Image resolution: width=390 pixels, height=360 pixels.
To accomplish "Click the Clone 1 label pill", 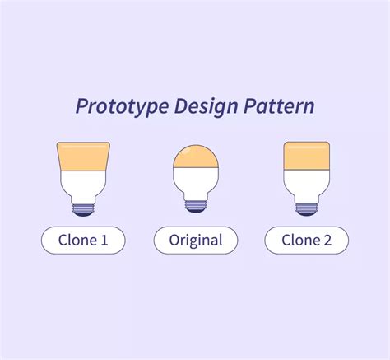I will pyautogui.click(x=83, y=241).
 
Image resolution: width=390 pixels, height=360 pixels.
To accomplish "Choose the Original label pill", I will pyautogui.click(x=196, y=241).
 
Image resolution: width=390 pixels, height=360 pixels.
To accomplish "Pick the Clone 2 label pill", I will pyautogui.click(x=306, y=241).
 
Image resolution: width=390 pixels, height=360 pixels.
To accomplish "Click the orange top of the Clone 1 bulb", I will pyautogui.click(x=83, y=157).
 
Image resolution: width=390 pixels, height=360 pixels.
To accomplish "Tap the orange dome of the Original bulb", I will pyautogui.click(x=196, y=158).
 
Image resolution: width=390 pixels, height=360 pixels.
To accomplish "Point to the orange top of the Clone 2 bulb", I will pyautogui.click(x=306, y=156).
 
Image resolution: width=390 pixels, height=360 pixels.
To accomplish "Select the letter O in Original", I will pyautogui.click(x=174, y=241).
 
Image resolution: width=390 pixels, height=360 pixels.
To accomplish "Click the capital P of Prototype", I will pyautogui.click(x=81, y=106).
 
